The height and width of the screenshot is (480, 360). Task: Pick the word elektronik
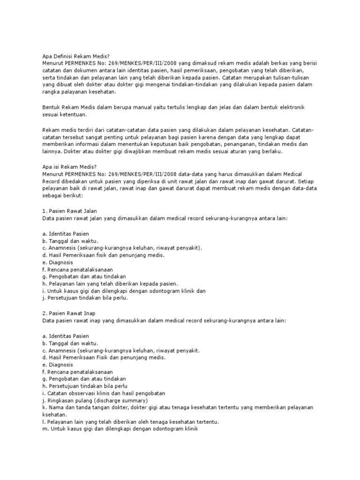[x=288, y=107]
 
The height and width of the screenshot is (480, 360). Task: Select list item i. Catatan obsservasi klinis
[x=103, y=393]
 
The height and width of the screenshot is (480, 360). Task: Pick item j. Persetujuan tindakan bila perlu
[x=85, y=298]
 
